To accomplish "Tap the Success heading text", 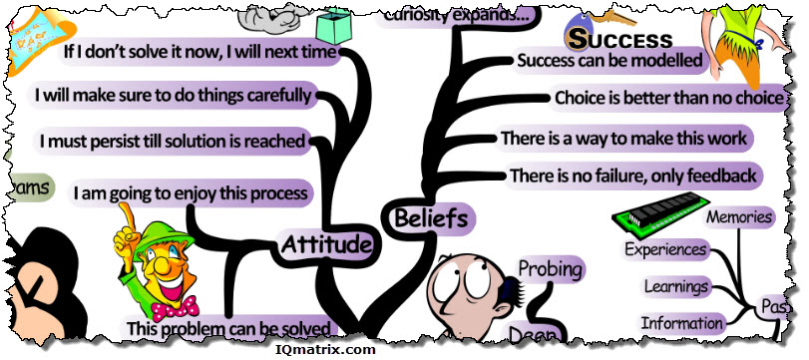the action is point(619,39).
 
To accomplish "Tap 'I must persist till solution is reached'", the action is point(172,141).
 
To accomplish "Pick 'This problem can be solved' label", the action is point(228,326).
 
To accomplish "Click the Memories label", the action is point(738,216).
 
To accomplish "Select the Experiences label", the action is point(665,249).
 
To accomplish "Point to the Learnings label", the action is point(675,287).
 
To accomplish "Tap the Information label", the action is point(682,322).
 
